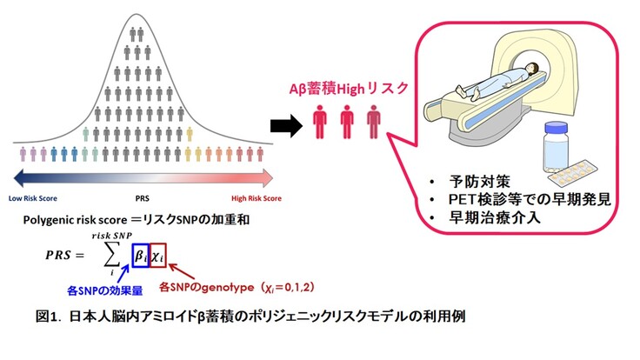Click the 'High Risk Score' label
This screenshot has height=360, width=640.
[250, 198]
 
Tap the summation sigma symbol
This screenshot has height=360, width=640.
[111, 255]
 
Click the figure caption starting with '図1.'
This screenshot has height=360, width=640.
[239, 317]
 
